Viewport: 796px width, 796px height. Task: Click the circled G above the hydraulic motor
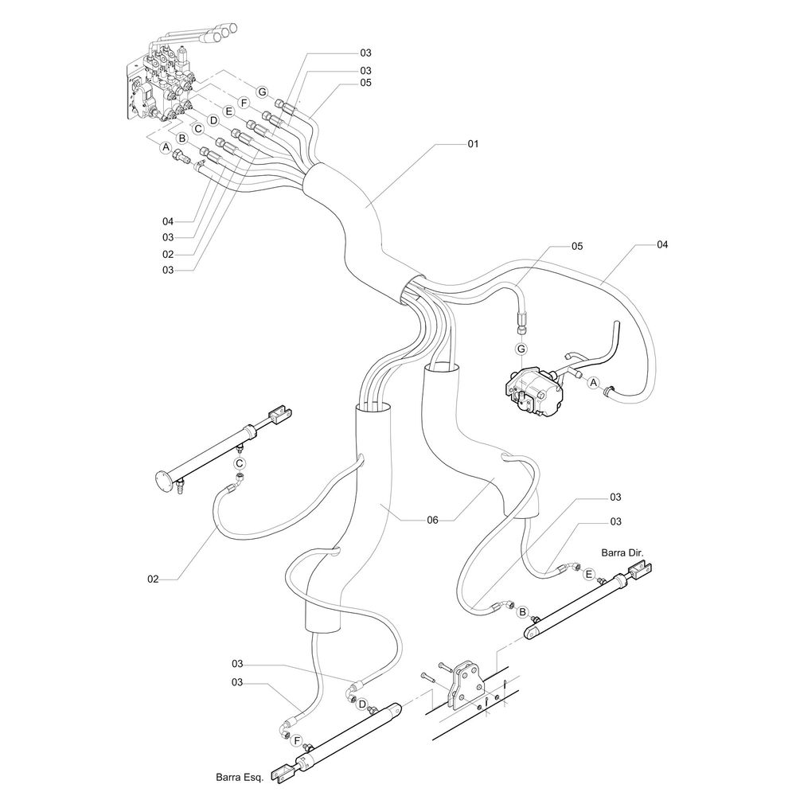[521, 349]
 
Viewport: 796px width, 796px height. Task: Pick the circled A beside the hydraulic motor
[593, 383]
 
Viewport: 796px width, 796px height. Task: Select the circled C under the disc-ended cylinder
[239, 462]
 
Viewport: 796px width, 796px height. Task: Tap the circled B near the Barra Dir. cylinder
[523, 612]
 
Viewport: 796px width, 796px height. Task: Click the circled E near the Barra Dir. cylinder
[588, 574]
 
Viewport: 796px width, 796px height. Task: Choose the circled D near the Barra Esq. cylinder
[361, 704]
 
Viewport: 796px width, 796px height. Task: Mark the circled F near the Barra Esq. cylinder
[297, 741]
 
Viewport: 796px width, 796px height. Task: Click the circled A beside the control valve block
[166, 147]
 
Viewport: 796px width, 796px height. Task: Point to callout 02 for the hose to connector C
[154, 579]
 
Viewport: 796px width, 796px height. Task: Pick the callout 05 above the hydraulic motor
[576, 246]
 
